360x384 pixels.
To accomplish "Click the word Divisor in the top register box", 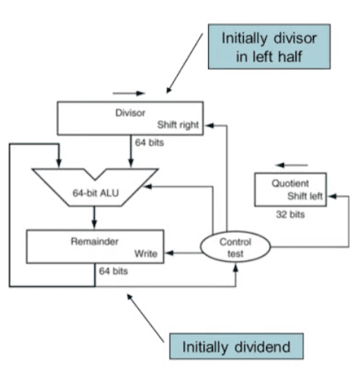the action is [x=130, y=113].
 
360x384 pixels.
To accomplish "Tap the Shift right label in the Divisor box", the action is [x=178, y=125].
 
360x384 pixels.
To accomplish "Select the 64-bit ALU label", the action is [x=96, y=193].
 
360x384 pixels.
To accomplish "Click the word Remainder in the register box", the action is [x=94, y=241].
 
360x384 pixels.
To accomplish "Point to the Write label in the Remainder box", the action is [x=146, y=253].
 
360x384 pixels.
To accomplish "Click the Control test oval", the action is [x=235, y=247].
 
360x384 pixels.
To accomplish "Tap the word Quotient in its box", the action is [x=290, y=184].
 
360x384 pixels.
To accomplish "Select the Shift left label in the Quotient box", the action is [x=305, y=196].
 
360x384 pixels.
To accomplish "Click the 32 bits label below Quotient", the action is [x=290, y=215].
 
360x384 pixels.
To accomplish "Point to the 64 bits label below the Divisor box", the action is [x=150, y=143].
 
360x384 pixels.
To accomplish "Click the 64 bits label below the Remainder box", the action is [x=113, y=271].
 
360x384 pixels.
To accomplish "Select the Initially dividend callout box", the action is [x=236, y=346].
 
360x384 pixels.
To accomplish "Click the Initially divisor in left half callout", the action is [x=269, y=46].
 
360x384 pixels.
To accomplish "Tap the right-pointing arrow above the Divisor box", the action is [x=128, y=93].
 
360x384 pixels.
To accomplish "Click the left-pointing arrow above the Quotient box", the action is [x=292, y=165].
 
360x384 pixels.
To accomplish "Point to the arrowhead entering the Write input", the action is [x=169, y=253].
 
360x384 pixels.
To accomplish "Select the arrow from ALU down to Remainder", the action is [x=94, y=217].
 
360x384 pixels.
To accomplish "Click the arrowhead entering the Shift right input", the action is [x=210, y=125].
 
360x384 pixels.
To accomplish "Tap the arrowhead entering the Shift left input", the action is [x=332, y=196].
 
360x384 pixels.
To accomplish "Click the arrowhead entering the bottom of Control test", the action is [x=235, y=268].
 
